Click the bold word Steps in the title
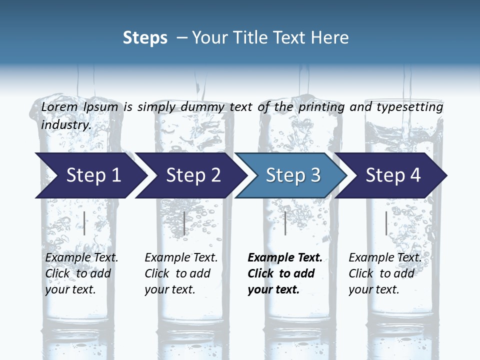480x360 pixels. coord(145,38)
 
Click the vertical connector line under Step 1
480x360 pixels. coord(84,223)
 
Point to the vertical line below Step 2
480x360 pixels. coord(184,223)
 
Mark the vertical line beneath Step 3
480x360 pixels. coord(285,223)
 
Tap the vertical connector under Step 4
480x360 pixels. coord(386,223)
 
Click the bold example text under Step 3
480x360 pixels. coord(284,273)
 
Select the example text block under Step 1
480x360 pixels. coord(81,273)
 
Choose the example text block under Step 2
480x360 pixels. coord(181,273)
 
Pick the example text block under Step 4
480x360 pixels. coord(384,273)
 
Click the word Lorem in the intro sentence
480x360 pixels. coord(59,106)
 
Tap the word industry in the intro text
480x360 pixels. coord(65,125)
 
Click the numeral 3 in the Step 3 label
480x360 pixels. coord(315,175)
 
